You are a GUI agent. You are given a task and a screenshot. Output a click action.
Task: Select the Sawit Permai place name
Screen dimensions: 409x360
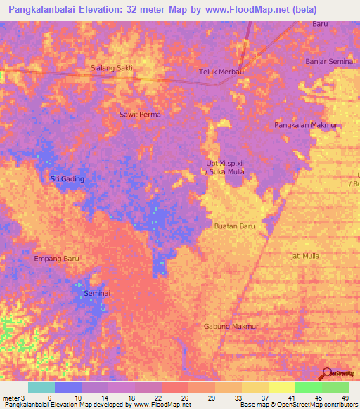click(x=141, y=114)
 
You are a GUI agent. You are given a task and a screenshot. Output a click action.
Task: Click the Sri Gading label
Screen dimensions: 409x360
click(x=67, y=179)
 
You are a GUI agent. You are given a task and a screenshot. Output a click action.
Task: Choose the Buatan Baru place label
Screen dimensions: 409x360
click(x=234, y=226)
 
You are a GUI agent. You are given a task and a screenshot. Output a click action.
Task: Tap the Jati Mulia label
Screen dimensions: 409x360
click(x=304, y=256)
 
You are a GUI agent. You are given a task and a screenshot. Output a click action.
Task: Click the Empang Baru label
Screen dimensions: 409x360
click(x=57, y=259)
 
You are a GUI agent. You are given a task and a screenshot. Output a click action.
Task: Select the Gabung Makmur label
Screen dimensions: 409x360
click(x=231, y=327)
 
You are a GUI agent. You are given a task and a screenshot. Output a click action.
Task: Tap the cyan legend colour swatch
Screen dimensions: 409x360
click(x=41, y=387)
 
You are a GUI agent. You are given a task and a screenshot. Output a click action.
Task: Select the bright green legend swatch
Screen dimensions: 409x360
click(x=308, y=387)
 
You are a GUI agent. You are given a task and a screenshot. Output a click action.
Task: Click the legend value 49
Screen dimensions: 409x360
click(x=345, y=398)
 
